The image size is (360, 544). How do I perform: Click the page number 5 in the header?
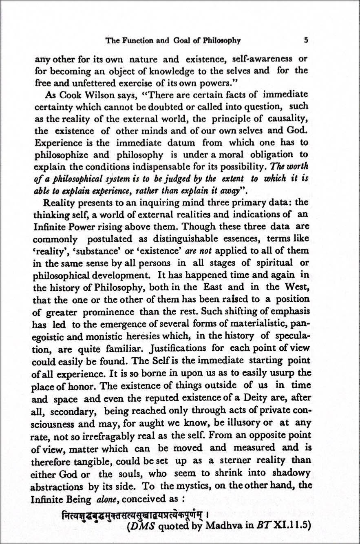[305, 40]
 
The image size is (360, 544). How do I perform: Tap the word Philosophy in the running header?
[220, 40]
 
